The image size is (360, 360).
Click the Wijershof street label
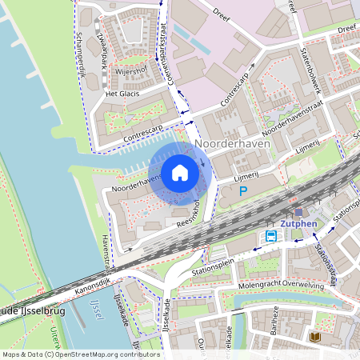(x=130, y=71)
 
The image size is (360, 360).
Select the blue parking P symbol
(x=244, y=192)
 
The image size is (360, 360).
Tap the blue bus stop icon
(x=271, y=236)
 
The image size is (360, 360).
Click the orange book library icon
(x=315, y=338)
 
